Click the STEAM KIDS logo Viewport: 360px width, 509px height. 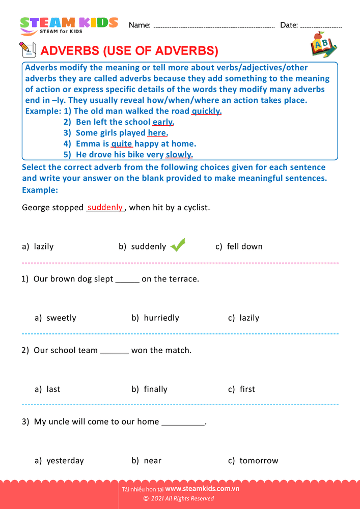[x=69, y=25]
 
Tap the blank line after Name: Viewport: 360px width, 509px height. [x=214, y=25]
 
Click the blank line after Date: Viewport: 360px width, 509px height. [x=321, y=25]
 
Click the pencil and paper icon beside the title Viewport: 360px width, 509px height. [x=27, y=50]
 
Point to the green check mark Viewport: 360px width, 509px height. [x=178, y=245]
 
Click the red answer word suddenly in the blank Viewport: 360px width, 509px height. [x=105, y=207]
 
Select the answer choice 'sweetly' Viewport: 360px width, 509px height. [x=61, y=318]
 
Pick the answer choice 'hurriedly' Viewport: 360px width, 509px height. [x=161, y=318]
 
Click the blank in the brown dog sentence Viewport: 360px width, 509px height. [x=127, y=279]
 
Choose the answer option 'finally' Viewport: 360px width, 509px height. [x=155, y=389]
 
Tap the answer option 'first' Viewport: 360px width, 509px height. [x=247, y=389]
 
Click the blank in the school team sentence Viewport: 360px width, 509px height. [x=115, y=351]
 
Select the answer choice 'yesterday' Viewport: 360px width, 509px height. [x=65, y=461]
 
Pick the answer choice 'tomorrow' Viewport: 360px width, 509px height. [x=259, y=461]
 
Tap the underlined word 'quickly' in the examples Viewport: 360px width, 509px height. [x=206, y=111]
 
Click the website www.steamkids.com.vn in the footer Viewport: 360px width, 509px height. [x=202, y=489]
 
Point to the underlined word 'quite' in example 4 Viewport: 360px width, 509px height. [x=122, y=144]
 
